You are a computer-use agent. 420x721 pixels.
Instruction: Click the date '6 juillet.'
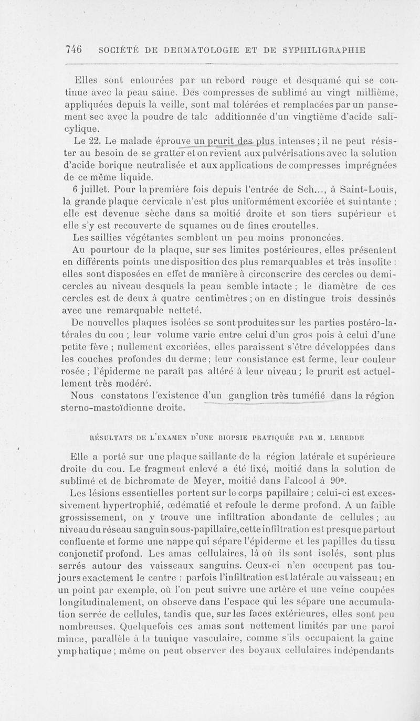click(x=86, y=189)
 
